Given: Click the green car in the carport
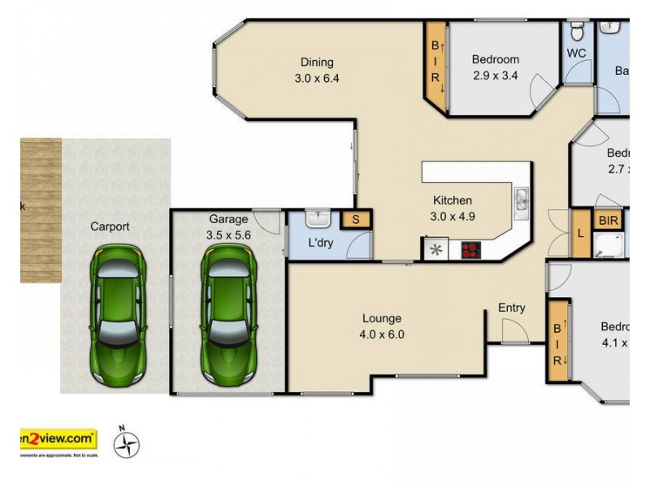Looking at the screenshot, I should click(118, 317).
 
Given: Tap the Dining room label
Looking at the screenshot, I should click(317, 62).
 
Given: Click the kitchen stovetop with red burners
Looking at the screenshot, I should click(470, 250).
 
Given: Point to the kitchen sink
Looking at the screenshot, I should click(521, 199).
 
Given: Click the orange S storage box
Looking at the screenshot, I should click(355, 219).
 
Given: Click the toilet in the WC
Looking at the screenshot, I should click(576, 32).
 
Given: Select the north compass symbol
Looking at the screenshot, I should click(126, 443).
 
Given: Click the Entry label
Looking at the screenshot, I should click(512, 308).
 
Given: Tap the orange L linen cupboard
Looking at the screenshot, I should click(580, 233).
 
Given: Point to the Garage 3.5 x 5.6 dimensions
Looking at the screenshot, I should click(228, 235).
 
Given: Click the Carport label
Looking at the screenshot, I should click(110, 227).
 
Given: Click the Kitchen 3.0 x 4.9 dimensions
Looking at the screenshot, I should click(453, 216).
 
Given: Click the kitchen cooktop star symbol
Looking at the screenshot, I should click(436, 249).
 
